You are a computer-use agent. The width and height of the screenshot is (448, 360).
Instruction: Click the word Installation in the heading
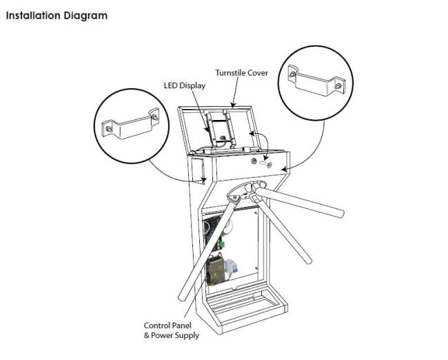[x=33, y=15]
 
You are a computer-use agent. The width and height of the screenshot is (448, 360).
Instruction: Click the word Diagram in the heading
[x=85, y=17]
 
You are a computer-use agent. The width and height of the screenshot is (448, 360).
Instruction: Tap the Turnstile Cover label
[x=242, y=73]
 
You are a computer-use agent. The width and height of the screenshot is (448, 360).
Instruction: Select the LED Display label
[x=185, y=86]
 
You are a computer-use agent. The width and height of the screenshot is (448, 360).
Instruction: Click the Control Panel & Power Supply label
[x=172, y=330]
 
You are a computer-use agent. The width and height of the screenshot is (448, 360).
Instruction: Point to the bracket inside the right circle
[x=316, y=81]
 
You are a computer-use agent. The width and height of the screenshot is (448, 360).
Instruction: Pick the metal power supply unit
[x=214, y=270]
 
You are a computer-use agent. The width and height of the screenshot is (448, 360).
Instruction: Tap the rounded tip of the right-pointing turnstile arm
[x=340, y=214]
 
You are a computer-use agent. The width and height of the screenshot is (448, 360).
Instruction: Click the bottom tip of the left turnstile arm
[x=182, y=298]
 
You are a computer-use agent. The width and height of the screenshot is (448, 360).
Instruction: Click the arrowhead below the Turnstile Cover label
[x=233, y=106]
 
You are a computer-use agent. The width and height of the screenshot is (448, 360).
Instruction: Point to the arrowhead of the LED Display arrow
[x=207, y=130]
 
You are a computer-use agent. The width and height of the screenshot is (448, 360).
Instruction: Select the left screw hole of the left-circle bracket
[x=109, y=129]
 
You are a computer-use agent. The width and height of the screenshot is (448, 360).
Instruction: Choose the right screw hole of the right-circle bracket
[x=338, y=86]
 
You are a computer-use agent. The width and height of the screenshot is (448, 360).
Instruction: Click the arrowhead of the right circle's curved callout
[x=284, y=170]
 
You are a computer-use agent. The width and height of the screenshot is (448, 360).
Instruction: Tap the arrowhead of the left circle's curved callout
[x=203, y=181]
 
